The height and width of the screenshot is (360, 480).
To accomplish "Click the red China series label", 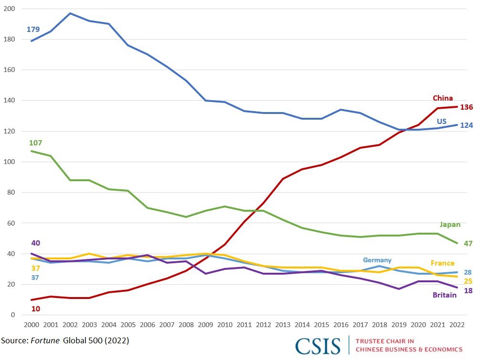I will (443, 98).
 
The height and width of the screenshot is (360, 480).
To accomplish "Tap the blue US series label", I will (442, 122).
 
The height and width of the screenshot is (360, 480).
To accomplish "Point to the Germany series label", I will (377, 260).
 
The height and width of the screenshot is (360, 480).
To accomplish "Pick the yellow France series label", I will (442, 263).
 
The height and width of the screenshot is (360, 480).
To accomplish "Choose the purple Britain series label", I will (444, 295).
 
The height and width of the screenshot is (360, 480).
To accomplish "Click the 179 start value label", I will (33, 30).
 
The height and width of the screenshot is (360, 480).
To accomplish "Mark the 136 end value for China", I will (466, 107).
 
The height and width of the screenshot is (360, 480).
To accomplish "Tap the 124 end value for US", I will (466, 126).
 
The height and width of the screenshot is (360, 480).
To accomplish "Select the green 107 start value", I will (36, 143).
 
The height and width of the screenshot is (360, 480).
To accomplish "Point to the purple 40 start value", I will (36, 243).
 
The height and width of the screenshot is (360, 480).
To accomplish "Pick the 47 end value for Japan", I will (468, 244).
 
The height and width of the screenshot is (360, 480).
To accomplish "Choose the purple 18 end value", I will (468, 291).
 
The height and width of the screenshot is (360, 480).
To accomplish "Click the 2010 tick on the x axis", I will (224, 325).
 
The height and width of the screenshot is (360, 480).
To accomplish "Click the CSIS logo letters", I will (318, 346).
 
